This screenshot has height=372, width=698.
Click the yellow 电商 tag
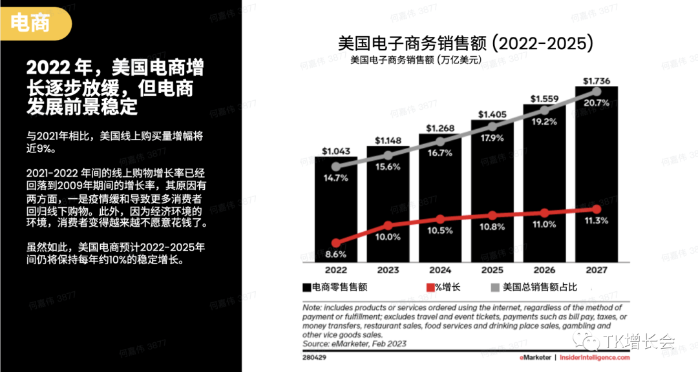pos(31,24)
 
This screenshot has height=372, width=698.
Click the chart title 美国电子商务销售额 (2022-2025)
pos(465,44)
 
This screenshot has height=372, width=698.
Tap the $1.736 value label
pos(596,81)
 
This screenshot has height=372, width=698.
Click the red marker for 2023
pos(388,225)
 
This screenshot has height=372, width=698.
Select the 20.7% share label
pos(596,103)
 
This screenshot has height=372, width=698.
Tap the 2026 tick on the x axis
pos(544,270)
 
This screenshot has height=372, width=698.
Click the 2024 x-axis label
pos(440,270)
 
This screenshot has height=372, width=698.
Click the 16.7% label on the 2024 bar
pos(440,153)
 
